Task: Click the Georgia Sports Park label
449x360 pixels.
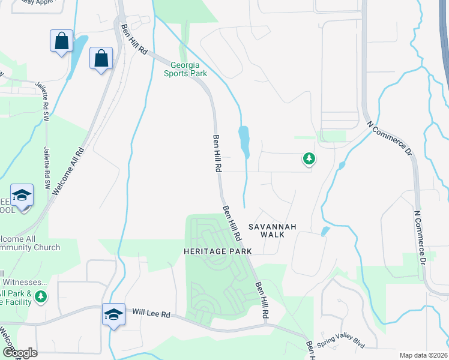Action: point(186,69)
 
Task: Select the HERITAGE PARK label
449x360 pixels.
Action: point(214,251)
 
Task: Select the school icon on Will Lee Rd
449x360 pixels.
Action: point(113,314)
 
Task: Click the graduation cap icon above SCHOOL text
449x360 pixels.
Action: point(22,196)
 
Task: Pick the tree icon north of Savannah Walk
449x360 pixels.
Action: point(309,158)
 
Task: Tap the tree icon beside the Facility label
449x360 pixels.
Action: point(41,296)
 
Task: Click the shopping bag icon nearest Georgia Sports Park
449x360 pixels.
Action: point(101,58)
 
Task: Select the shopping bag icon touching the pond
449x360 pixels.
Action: point(61,41)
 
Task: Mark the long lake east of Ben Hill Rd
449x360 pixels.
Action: point(244,141)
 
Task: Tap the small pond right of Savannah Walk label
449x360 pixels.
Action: point(325,231)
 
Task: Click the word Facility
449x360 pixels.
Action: point(16,302)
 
